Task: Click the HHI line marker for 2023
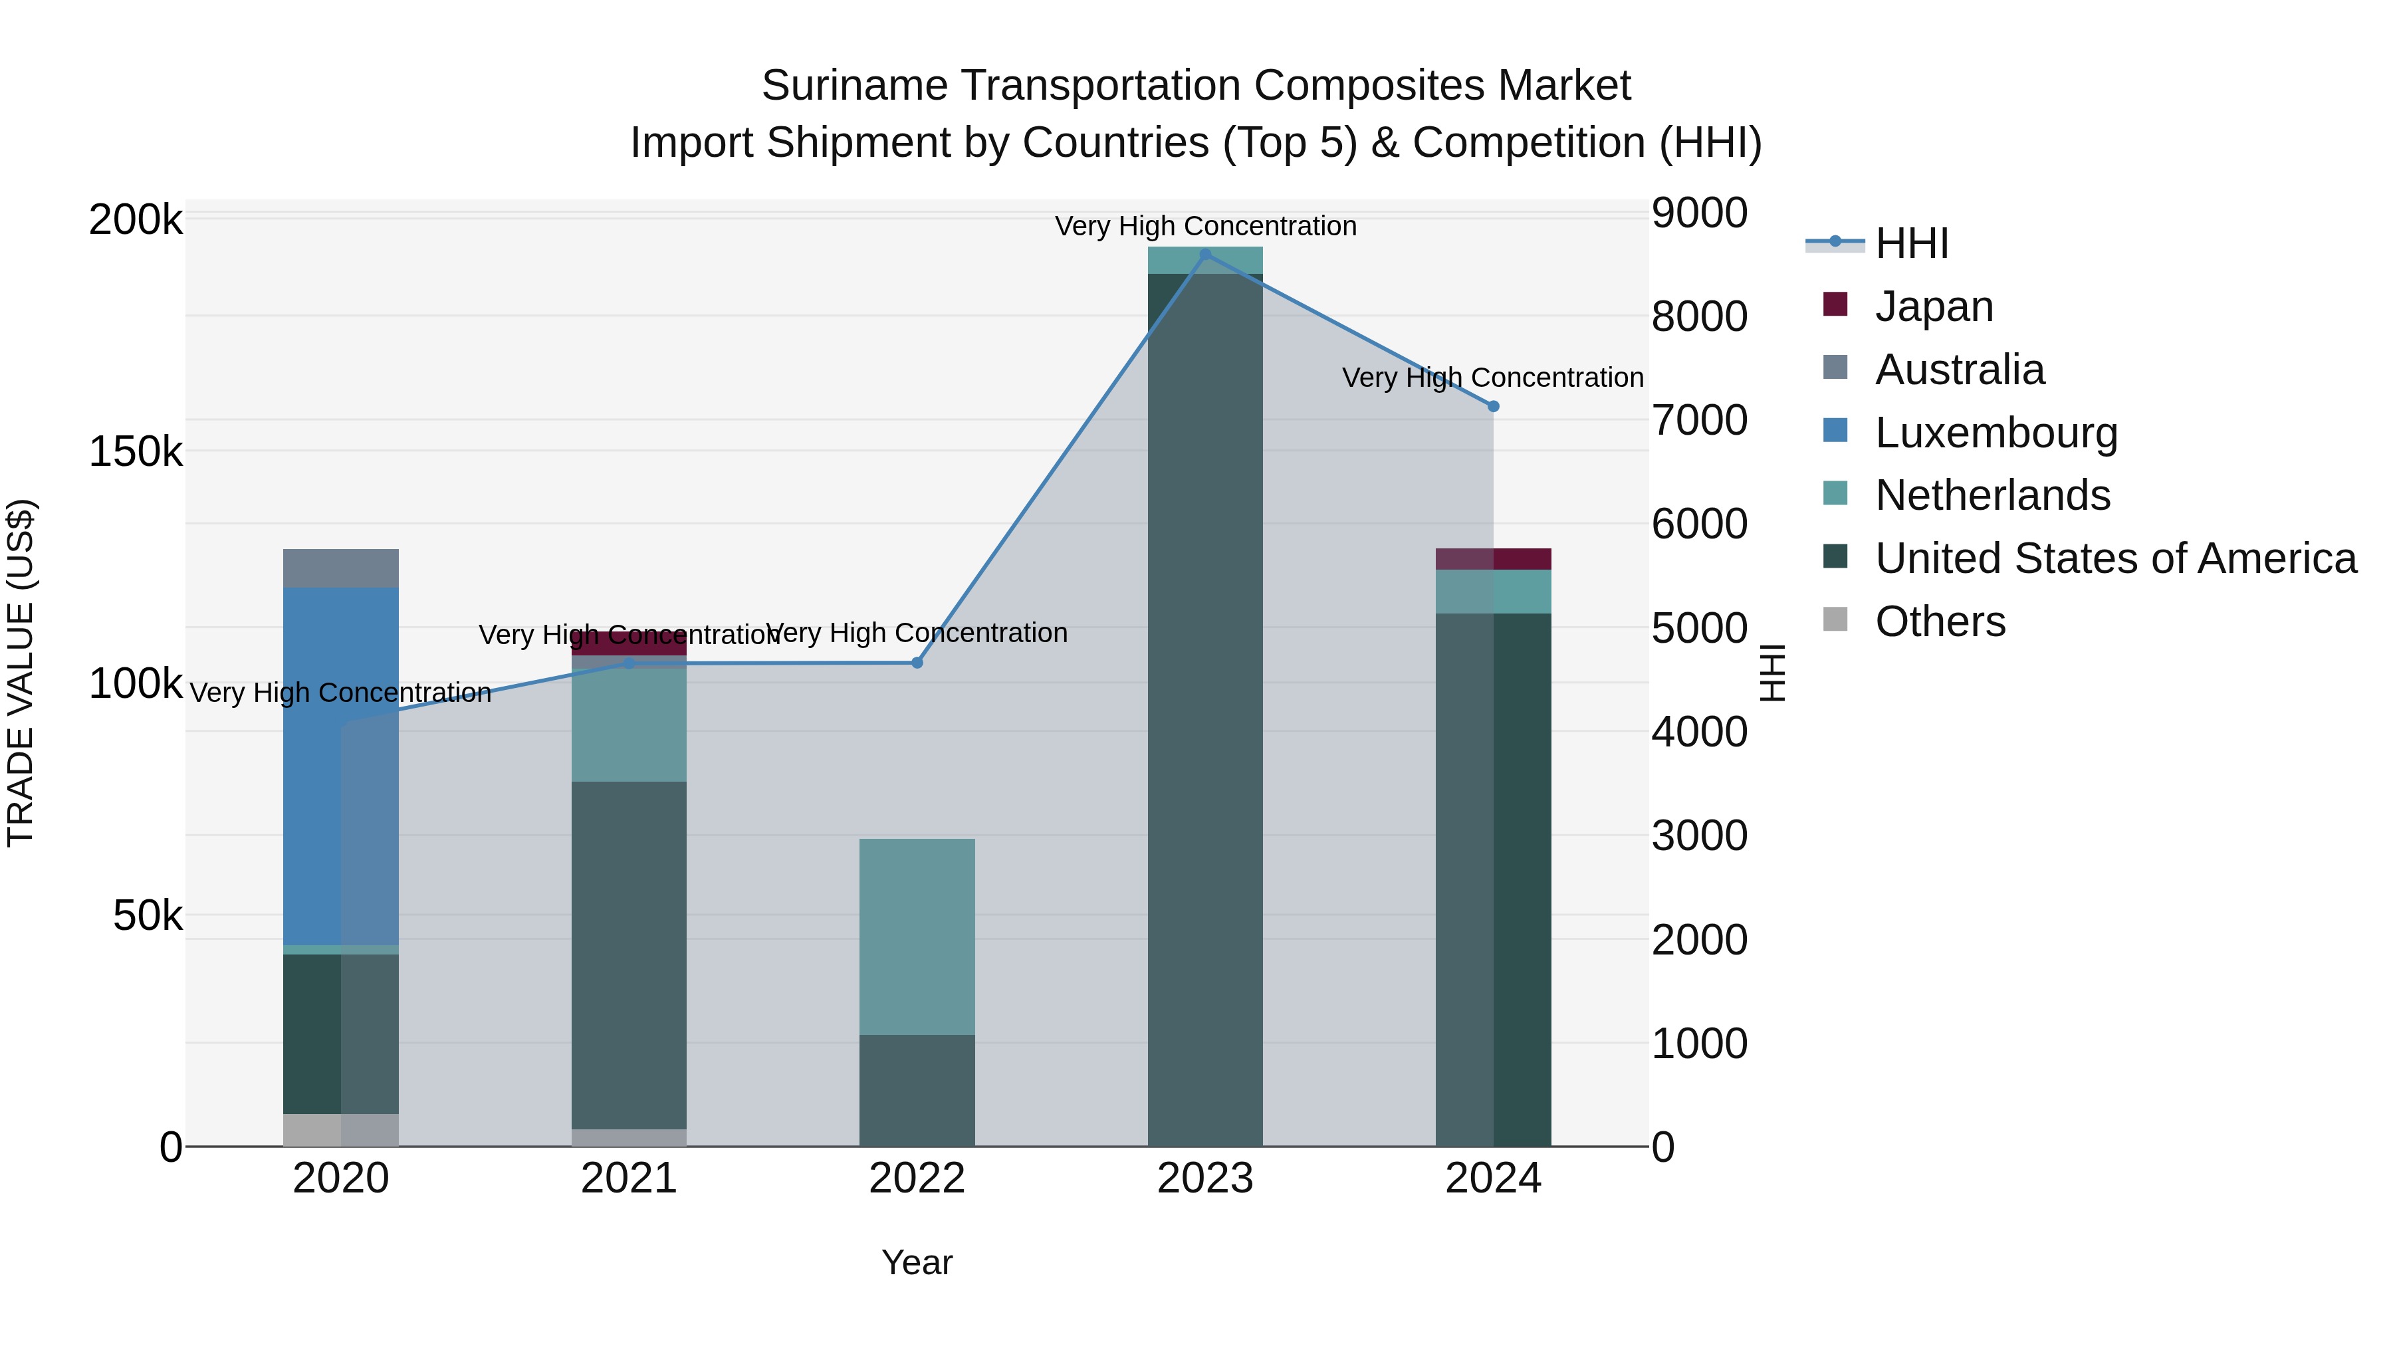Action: point(1205,255)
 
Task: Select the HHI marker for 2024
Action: point(1493,406)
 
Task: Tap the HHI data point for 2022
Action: point(917,662)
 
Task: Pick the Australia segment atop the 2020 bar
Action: point(340,568)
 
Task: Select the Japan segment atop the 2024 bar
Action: point(1493,558)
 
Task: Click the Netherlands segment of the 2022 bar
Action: point(917,937)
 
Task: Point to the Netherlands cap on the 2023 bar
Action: point(1205,260)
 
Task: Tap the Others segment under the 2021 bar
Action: point(629,1137)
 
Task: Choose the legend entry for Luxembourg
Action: point(1995,433)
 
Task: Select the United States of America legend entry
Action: point(2114,558)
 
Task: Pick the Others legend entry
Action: point(1940,621)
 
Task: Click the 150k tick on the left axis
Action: point(136,453)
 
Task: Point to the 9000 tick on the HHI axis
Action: point(1699,213)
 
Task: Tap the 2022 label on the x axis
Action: point(917,1178)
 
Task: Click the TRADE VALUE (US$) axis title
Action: point(21,673)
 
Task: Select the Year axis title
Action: point(917,1262)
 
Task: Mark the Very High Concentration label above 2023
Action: point(1205,226)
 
